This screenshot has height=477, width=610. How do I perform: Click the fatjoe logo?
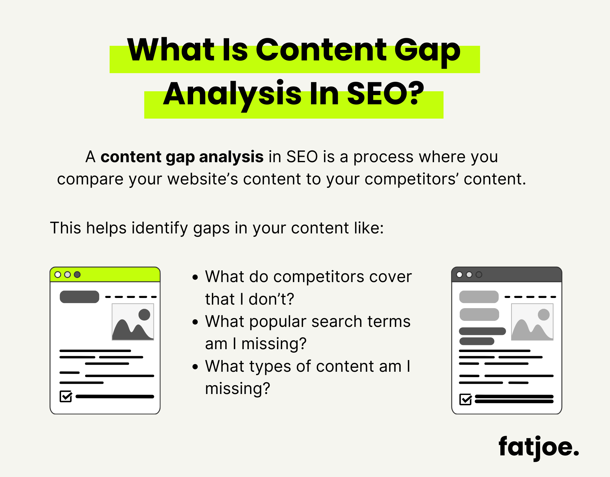(539, 448)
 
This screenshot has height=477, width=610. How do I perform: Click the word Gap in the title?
(427, 51)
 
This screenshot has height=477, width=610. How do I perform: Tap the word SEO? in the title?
(385, 94)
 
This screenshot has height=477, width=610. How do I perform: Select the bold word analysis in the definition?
(231, 157)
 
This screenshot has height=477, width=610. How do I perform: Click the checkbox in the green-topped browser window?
(66, 397)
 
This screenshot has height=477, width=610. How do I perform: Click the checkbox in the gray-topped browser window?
(465, 399)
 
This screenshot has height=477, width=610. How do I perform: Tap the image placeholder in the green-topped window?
(133, 322)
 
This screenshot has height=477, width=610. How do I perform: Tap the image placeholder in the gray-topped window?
(532, 322)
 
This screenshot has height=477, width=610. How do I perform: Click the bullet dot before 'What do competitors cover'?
(195, 277)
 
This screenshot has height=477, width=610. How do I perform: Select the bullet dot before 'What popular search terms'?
(195, 322)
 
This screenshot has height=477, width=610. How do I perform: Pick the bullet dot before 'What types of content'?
(195, 367)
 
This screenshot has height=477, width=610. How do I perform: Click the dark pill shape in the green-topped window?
(79, 297)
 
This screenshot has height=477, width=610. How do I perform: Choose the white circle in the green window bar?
(58, 274)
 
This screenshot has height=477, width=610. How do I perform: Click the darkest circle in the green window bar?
(77, 274)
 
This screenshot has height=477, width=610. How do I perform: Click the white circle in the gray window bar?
(459, 274)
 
